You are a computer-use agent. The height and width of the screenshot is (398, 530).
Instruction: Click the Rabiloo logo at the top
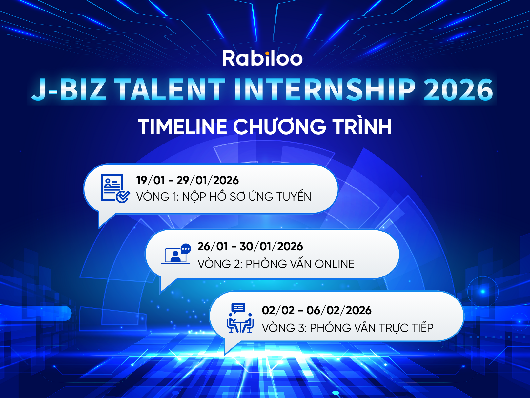coord(262,58)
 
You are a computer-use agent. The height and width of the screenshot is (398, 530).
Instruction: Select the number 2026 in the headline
coord(458,90)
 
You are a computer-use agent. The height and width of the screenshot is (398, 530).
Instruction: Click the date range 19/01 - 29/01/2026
coord(187,180)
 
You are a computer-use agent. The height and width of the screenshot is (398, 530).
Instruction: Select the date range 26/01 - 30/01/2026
coord(250,246)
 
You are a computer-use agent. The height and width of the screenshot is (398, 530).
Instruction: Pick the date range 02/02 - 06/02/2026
coord(316,310)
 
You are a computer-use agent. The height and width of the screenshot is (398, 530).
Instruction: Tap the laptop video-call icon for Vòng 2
coord(176,254)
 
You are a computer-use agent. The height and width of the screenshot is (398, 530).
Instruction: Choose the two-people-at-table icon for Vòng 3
coord(240,318)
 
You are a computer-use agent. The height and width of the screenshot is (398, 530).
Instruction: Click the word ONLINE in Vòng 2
coord(334,264)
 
